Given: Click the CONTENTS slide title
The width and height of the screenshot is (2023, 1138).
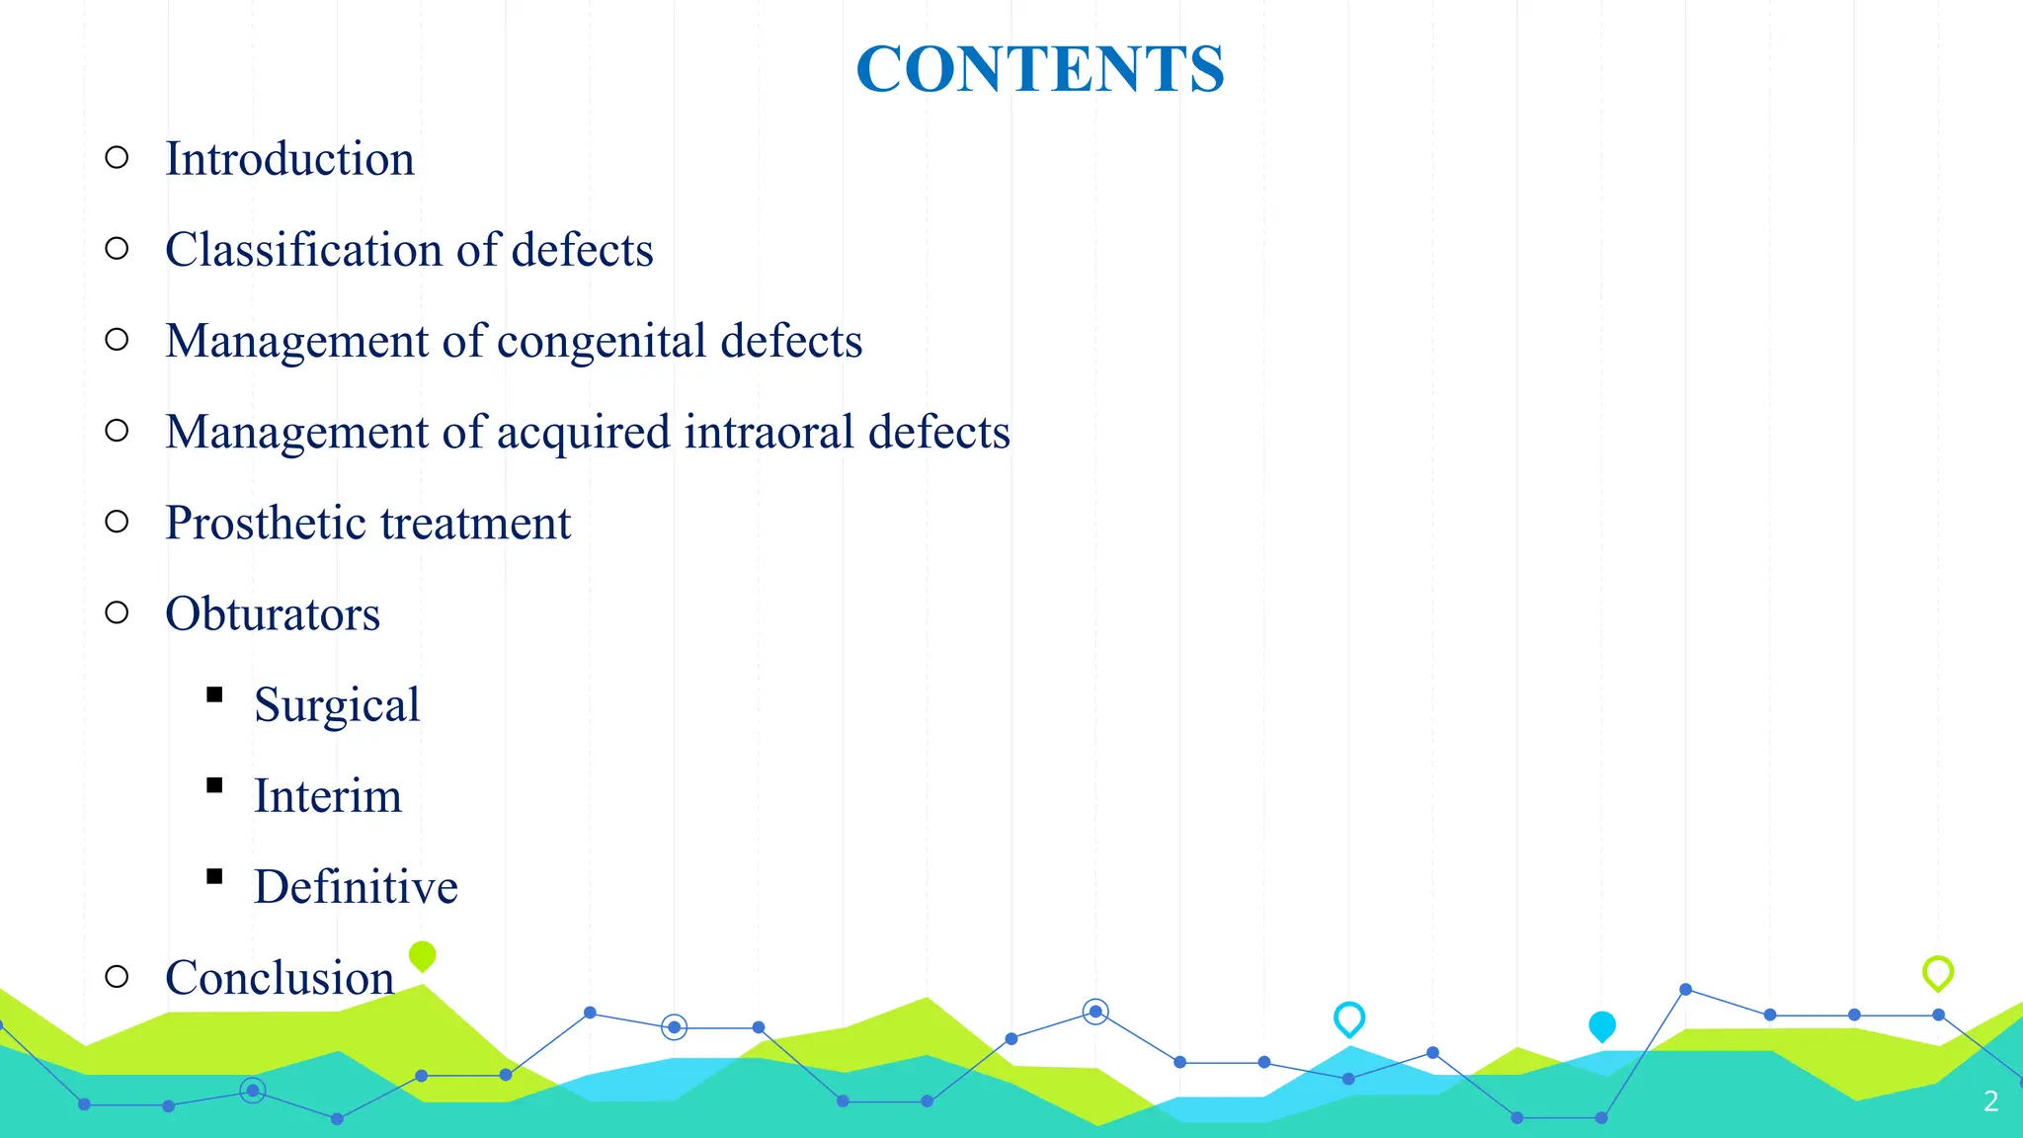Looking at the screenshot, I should click(1039, 69).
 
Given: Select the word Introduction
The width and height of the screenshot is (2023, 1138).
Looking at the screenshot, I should click(289, 159).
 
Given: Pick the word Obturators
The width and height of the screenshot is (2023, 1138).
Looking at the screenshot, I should click(273, 613).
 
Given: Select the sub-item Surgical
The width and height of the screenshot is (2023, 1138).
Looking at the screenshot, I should click(337, 705).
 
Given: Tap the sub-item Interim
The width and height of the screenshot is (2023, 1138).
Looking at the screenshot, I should click(328, 795).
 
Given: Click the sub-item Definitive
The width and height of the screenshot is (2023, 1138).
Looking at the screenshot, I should click(356, 886).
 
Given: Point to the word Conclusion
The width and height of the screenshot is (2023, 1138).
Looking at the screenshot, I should click(280, 977).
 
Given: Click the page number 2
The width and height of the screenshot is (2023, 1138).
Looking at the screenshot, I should click(1990, 1101).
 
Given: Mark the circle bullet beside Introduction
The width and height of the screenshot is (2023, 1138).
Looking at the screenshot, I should click(117, 157).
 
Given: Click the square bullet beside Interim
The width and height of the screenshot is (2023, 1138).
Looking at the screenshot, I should click(214, 785).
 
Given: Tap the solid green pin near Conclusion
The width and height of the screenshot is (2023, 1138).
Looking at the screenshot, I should click(422, 955).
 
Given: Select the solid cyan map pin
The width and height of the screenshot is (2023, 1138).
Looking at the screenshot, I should click(1601, 1025).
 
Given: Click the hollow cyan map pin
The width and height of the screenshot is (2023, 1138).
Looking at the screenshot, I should click(1348, 1017).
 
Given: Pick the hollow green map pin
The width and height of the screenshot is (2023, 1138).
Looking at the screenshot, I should click(1937, 972).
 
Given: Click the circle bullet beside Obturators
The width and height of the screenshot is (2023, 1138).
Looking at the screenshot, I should click(117, 612).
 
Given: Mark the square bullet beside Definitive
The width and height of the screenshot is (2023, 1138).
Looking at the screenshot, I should click(214, 876).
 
